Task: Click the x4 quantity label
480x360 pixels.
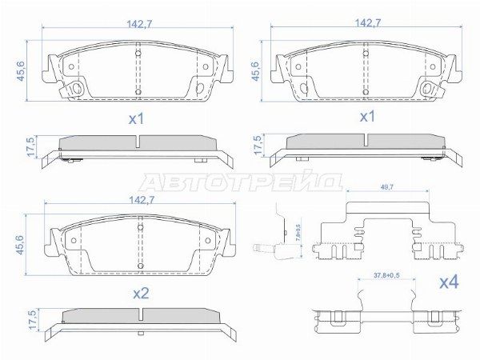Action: (x=450, y=282)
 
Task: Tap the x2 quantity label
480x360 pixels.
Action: (x=140, y=294)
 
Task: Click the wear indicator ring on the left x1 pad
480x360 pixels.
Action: (x=76, y=89)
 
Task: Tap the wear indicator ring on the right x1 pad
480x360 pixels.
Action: (x=428, y=89)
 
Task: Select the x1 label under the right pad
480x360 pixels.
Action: (x=366, y=117)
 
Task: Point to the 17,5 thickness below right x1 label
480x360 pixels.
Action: (x=257, y=144)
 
